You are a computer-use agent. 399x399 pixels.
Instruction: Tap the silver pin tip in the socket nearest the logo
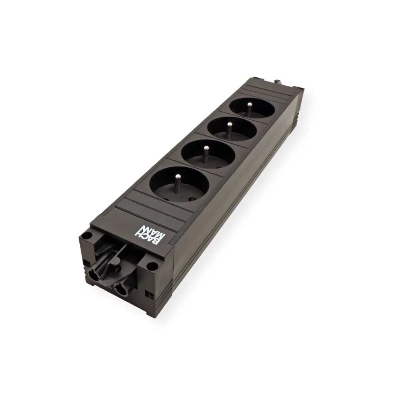179,176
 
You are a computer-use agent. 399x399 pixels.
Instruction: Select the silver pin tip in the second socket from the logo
206,148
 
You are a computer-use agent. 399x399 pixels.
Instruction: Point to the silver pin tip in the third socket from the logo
230,124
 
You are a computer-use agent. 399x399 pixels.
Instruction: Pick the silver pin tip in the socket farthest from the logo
250,104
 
